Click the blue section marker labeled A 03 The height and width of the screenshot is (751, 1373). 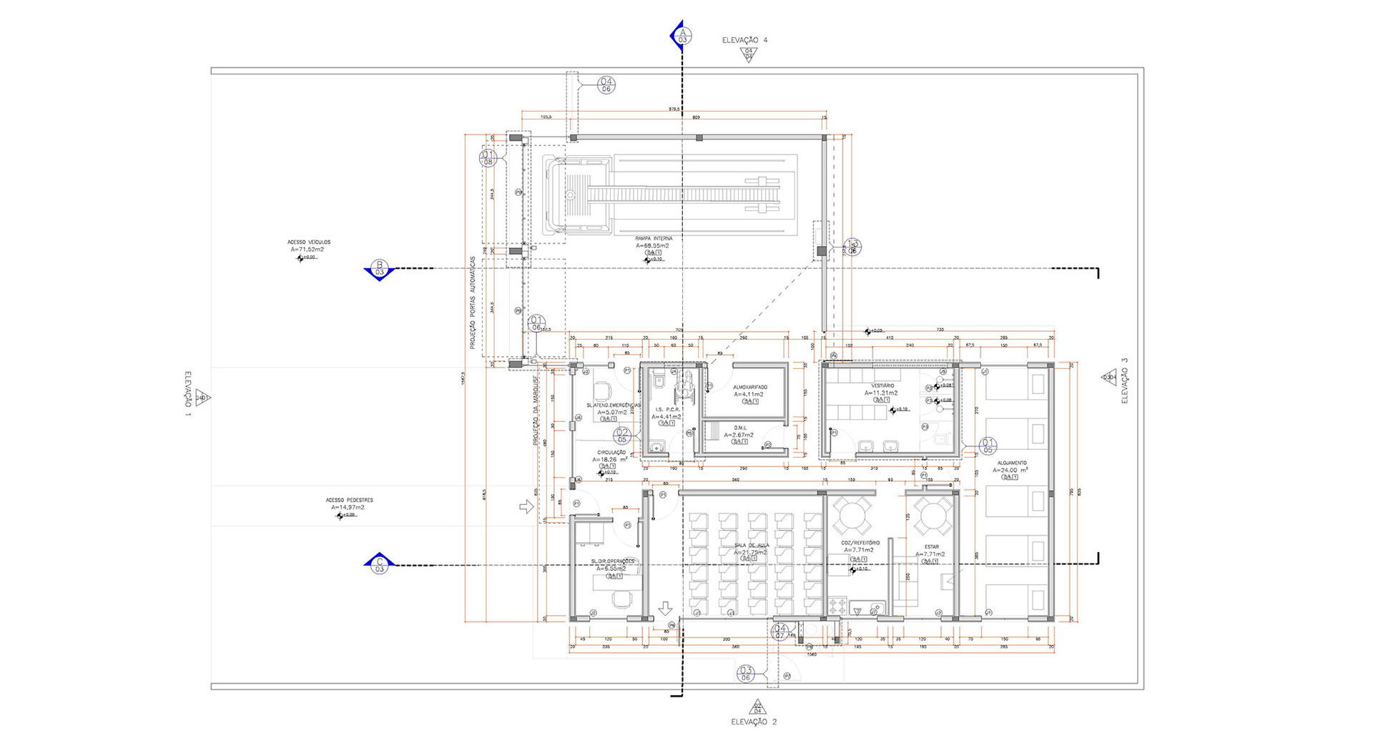[681, 35]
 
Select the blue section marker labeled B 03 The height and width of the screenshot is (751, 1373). [379, 269]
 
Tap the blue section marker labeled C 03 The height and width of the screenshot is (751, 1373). [379, 564]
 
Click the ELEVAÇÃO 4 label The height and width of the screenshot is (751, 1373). [744, 41]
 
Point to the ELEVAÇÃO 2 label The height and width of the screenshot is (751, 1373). [754, 722]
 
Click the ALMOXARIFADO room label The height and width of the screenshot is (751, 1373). [749, 387]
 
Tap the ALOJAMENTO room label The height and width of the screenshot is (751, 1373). [1011, 463]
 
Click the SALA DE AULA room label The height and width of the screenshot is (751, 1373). [751, 545]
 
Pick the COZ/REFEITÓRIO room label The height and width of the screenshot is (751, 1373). [860, 543]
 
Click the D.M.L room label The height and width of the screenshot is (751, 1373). [739, 428]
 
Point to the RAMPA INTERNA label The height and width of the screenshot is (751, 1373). [653, 239]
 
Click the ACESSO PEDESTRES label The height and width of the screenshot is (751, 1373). [349, 501]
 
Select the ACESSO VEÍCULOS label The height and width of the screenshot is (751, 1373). [309, 242]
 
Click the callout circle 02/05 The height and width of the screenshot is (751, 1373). [622, 435]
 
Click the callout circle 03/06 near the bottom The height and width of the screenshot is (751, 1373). [746, 673]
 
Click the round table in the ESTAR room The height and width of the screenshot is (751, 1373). [934, 516]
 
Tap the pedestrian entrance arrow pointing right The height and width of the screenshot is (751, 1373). [526, 506]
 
